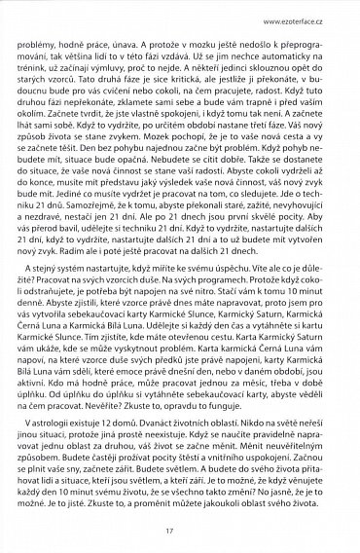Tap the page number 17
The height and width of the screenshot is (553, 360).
point(179,531)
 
